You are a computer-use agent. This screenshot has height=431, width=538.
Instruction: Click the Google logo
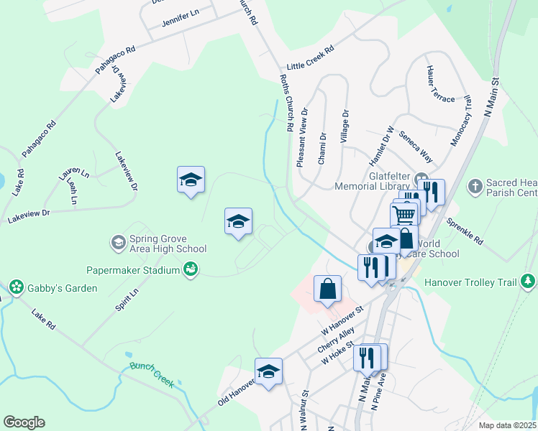click(x=24, y=422)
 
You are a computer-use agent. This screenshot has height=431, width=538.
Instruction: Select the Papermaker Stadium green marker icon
click(x=191, y=270)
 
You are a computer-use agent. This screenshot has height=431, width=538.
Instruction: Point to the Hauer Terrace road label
click(x=439, y=84)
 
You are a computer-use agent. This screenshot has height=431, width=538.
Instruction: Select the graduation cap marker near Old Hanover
click(x=268, y=371)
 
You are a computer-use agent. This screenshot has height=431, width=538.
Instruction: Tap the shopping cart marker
click(x=404, y=214)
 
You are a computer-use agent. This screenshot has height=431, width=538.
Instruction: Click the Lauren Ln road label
click(x=74, y=173)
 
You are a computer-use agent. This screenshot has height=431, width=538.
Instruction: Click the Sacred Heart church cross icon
click(x=474, y=187)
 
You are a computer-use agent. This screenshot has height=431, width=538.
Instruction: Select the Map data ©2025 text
click(x=506, y=425)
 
